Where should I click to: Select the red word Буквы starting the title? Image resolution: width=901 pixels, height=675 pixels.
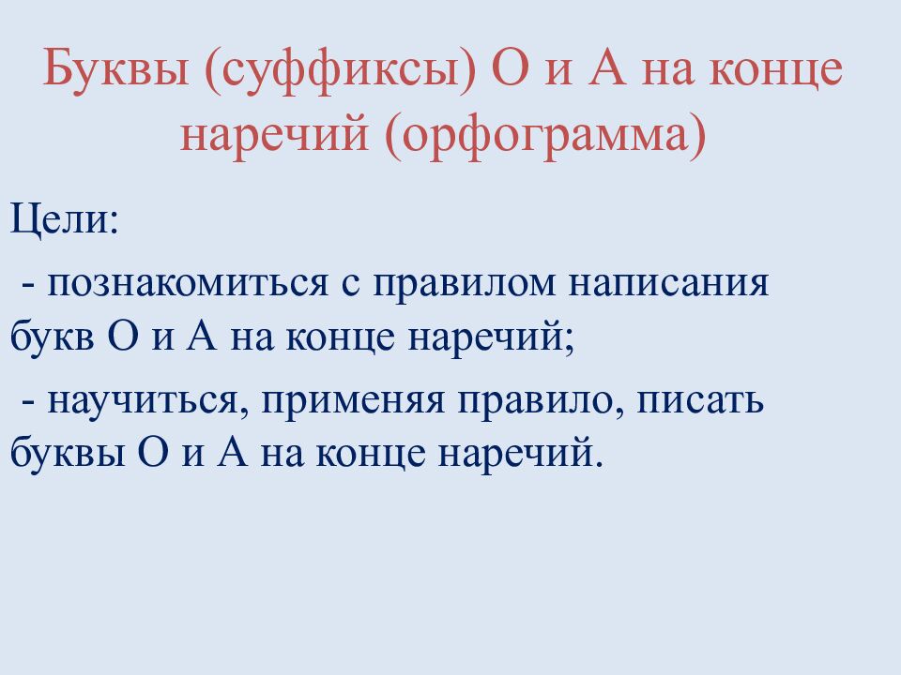tap(114, 73)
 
